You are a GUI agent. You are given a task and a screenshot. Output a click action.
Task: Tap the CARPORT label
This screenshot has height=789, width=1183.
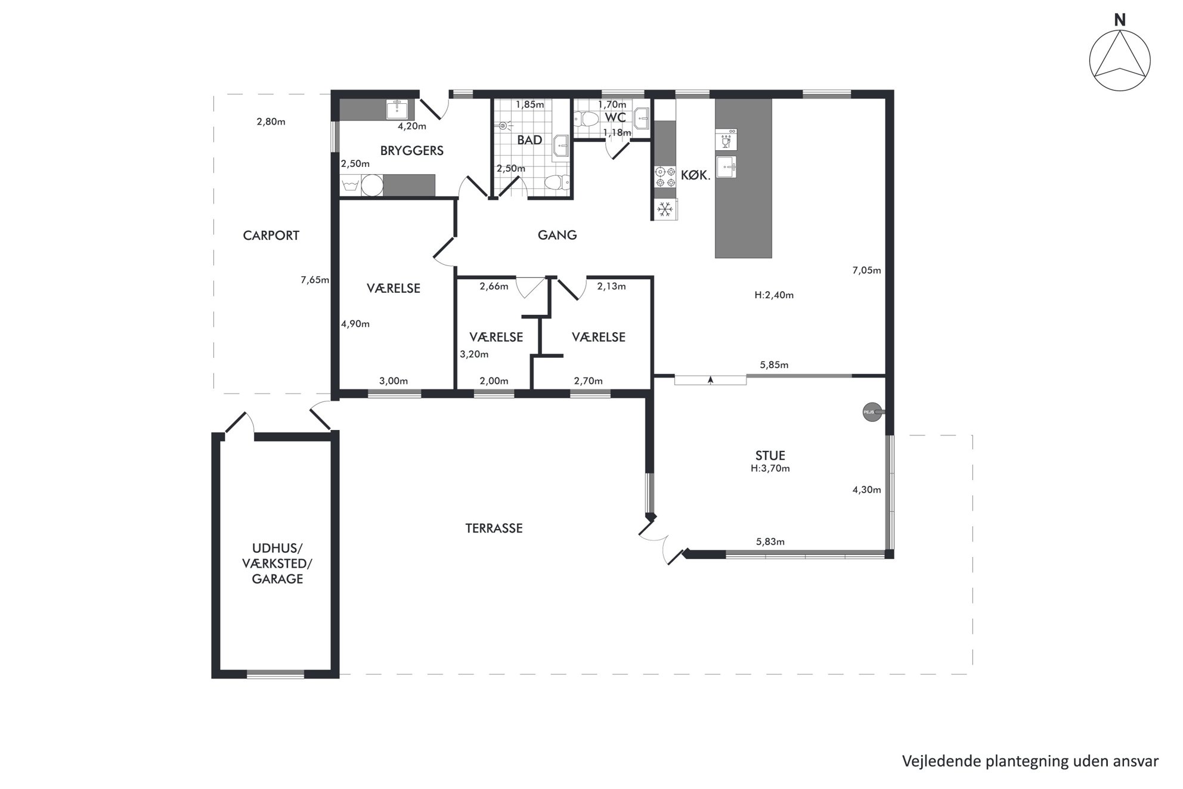271,236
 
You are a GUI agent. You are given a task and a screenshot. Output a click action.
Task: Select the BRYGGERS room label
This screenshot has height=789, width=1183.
412,151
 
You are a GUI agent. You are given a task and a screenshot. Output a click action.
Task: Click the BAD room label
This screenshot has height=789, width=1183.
529,140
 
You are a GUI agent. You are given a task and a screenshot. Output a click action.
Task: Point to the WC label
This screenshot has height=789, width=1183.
615,117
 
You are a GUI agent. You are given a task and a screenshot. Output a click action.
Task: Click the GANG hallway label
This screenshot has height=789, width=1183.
558,235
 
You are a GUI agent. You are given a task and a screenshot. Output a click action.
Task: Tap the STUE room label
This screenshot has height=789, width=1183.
770,456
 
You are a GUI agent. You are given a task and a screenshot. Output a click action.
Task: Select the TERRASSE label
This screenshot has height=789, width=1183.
494,528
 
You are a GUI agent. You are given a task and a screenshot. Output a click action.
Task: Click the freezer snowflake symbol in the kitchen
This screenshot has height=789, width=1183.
665,209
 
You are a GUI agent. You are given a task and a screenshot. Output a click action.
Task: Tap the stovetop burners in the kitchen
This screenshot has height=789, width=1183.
665,178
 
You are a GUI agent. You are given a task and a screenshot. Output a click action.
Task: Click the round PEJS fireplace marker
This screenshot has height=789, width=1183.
871,411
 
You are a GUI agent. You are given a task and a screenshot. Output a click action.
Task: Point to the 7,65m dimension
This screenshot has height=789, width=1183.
315,280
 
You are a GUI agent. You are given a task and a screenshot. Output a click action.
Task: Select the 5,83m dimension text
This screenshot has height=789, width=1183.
770,542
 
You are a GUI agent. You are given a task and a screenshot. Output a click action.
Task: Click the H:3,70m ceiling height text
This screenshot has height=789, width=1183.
770,469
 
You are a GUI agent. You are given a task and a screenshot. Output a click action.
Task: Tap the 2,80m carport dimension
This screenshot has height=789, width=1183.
271,122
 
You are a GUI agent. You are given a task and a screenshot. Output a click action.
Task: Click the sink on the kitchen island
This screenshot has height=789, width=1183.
726,167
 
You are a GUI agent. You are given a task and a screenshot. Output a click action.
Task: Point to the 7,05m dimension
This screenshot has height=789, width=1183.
866,271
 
